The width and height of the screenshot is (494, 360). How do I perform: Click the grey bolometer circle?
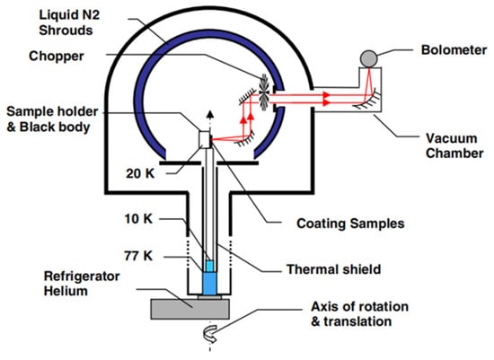click(368, 58)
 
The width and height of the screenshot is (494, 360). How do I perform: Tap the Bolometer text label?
click(454, 50)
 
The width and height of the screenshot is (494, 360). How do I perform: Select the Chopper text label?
click(57, 56)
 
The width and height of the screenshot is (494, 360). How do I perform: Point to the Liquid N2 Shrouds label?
click(69, 22)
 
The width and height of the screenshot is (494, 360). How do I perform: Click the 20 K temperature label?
click(140, 173)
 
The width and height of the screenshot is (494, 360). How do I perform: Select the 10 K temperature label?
click(138, 218)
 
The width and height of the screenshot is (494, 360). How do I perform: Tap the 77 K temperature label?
click(138, 256)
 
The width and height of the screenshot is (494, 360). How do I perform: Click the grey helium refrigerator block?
click(190, 309)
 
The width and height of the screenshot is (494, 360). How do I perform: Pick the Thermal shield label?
click(333, 269)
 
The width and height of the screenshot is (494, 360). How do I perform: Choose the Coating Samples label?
click(350, 224)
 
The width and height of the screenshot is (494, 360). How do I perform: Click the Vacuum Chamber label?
click(454, 145)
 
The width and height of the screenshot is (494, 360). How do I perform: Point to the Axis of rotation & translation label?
click(360, 314)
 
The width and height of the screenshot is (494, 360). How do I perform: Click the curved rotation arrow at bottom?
click(210, 334)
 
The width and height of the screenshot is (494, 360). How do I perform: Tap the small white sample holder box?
click(205, 139)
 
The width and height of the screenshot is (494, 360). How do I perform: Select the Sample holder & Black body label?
click(52, 119)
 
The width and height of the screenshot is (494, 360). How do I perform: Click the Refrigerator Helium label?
click(82, 283)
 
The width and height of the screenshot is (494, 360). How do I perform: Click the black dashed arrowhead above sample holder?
click(210, 114)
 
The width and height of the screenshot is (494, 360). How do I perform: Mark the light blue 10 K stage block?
click(209, 266)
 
